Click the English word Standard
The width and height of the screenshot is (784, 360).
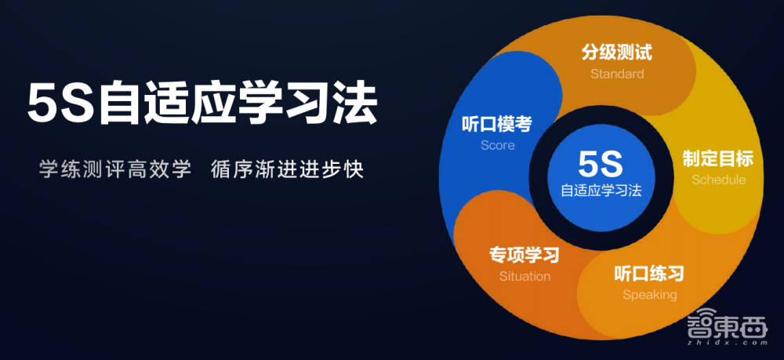click(x=617, y=74)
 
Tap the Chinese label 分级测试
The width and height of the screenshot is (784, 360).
click(x=617, y=53)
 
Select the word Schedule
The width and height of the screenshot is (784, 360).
click(x=718, y=180)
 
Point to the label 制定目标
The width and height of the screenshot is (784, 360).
click(x=718, y=159)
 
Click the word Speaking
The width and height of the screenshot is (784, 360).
click(x=649, y=295)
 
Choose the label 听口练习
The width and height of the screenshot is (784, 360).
click(x=649, y=274)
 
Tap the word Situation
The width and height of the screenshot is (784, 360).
click(x=524, y=276)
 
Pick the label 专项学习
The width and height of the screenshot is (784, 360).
click(x=524, y=255)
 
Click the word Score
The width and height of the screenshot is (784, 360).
click(x=498, y=145)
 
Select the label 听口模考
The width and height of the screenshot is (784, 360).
click(x=498, y=124)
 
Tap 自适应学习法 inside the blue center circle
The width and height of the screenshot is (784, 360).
click(x=601, y=191)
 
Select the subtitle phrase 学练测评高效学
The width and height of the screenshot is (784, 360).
click(x=115, y=169)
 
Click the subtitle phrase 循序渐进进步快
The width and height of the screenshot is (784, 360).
click(x=288, y=169)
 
